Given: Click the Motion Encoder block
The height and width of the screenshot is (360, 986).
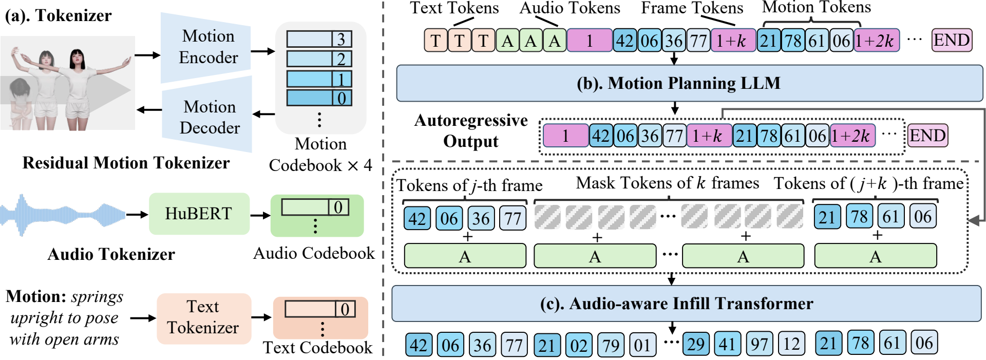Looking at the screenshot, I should (x=207, y=47).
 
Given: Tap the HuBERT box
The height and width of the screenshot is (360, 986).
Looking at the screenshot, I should (x=199, y=214).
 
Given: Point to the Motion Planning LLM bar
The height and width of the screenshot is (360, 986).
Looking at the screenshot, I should (x=678, y=83).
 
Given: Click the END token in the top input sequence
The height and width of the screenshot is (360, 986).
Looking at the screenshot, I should (x=952, y=40).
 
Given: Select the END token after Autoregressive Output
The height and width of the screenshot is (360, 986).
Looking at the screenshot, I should (x=927, y=136).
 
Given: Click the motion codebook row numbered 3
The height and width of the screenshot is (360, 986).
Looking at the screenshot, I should (x=319, y=39).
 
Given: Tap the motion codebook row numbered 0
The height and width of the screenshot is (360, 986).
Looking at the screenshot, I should (x=319, y=98).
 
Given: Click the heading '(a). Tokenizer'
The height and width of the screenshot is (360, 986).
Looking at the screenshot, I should (x=58, y=15).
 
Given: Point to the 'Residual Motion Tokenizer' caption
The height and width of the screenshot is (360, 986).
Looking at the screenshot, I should (x=126, y=163).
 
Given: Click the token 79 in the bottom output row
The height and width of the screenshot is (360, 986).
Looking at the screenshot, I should (x=610, y=345).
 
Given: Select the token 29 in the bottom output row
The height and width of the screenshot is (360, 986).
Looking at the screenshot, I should (x=695, y=344).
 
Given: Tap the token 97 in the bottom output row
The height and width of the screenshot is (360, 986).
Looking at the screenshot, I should (x=759, y=344).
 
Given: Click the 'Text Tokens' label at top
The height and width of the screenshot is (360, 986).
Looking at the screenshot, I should (x=454, y=8).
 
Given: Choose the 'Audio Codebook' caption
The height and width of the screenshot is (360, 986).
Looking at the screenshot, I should (x=314, y=253).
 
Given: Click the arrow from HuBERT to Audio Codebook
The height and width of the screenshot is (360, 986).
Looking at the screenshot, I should (x=260, y=215).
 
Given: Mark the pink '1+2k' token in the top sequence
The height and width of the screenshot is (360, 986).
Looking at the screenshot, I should (x=877, y=40).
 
